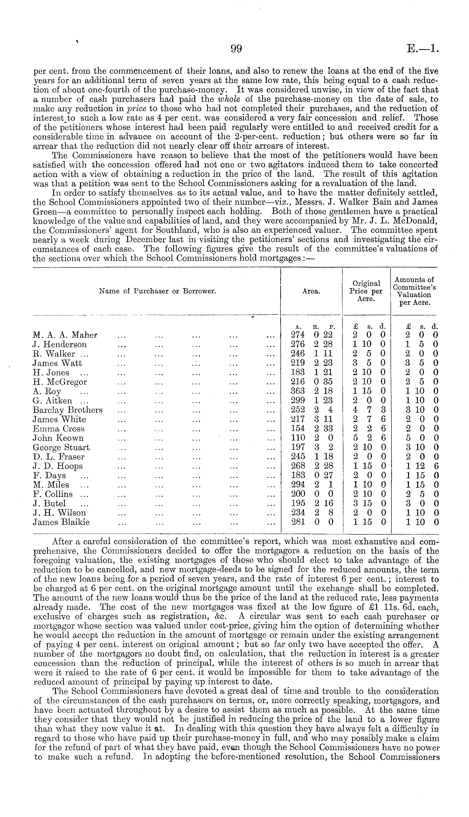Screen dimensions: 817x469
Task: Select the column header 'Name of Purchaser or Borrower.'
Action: tap(157, 291)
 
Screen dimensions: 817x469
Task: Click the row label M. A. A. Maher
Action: tap(65, 335)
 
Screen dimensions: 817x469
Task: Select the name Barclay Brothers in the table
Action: tap(68, 410)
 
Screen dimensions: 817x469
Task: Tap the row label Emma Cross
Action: tap(59, 428)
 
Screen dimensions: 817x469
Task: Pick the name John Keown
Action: tap(58, 438)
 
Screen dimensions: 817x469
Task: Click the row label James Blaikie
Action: tap(61, 522)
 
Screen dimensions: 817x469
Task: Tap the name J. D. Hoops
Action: tap(58, 466)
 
